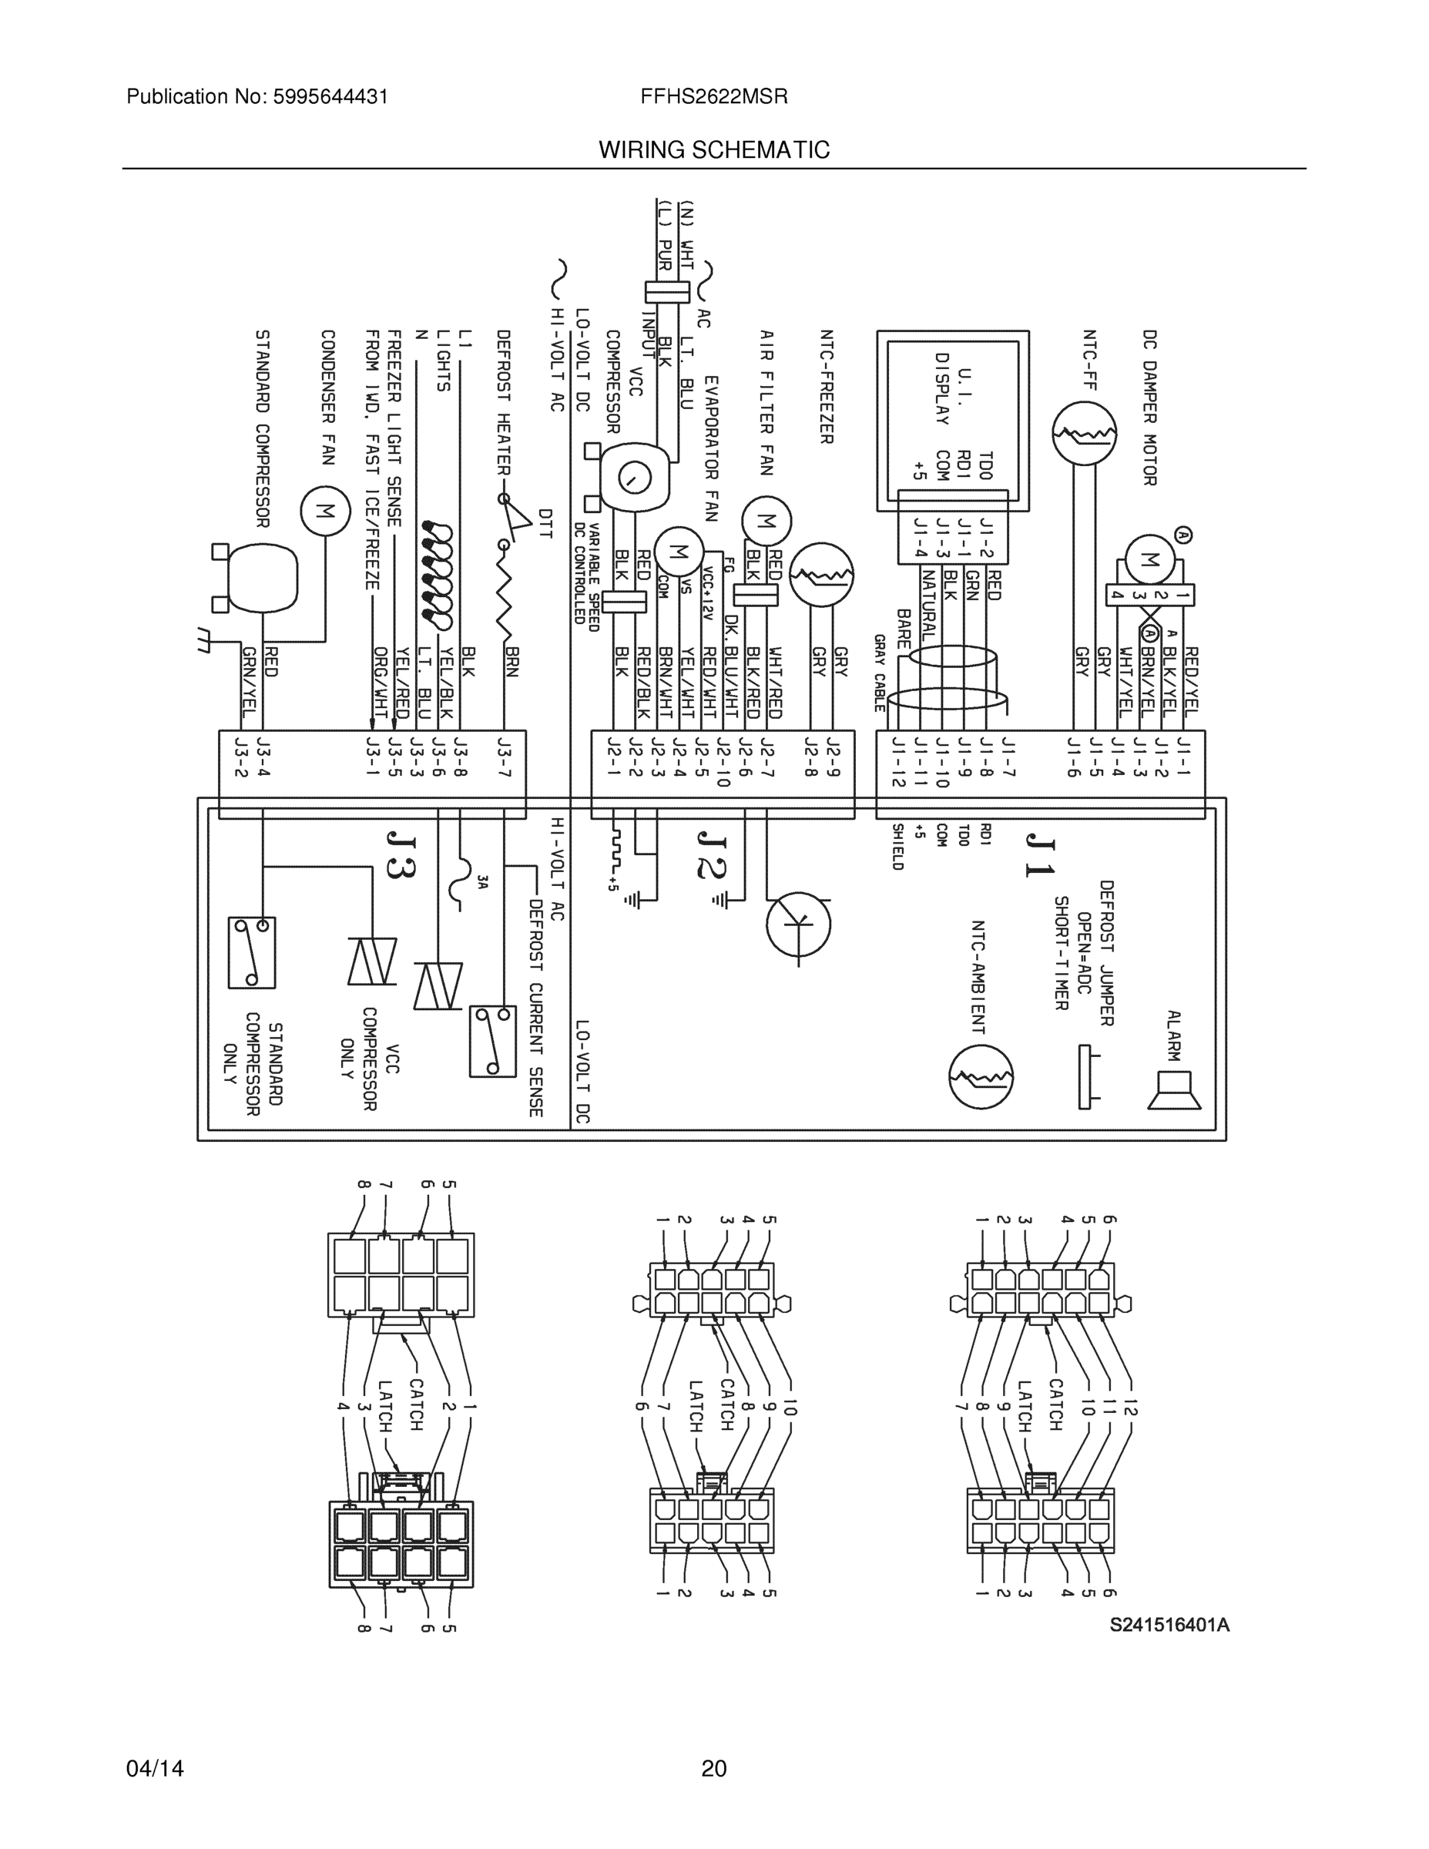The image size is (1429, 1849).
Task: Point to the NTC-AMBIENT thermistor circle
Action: pyautogui.click(x=981, y=1077)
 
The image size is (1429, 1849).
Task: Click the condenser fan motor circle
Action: pyautogui.click(x=325, y=511)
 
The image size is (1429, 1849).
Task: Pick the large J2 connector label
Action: pyautogui.click(x=711, y=855)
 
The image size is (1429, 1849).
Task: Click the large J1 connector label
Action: pyautogui.click(x=1039, y=855)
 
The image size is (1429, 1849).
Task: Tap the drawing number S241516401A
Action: pyautogui.click(x=1170, y=1625)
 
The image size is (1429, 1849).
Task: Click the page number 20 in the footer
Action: pyautogui.click(x=713, y=1769)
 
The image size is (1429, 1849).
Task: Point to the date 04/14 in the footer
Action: pyautogui.click(x=155, y=1769)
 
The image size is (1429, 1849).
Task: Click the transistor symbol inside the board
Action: pyautogui.click(x=798, y=924)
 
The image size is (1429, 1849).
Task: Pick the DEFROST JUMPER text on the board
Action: pyautogui.click(x=1106, y=952)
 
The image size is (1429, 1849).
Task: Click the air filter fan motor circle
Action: pyautogui.click(x=766, y=522)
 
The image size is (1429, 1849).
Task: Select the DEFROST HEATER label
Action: pyautogui.click(x=503, y=403)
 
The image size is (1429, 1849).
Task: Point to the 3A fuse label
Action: pyautogui.click(x=481, y=884)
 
